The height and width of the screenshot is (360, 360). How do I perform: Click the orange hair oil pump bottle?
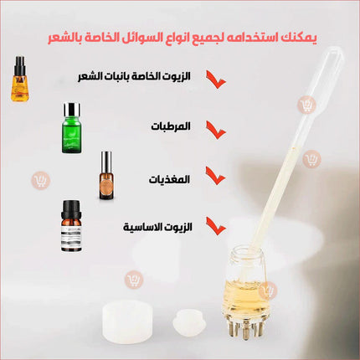20,79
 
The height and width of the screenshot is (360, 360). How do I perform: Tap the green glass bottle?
71,128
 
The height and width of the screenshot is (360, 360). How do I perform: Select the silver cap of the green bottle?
72,110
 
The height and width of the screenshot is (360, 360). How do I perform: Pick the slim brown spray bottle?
106,175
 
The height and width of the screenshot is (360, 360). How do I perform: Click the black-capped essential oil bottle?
71,226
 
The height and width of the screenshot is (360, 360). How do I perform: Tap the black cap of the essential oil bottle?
71,209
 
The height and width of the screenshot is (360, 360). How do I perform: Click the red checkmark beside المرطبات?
216,130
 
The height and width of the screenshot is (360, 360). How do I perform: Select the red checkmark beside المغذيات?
215,176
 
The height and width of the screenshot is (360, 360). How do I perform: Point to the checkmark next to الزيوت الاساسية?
216,226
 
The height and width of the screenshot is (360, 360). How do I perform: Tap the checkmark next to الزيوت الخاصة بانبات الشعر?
216,80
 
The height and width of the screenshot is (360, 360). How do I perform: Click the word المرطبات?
171,126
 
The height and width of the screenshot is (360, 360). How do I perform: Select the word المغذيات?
169,179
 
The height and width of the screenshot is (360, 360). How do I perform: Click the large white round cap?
127,321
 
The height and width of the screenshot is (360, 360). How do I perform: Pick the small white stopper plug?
189,322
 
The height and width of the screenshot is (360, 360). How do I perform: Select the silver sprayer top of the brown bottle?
106,162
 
